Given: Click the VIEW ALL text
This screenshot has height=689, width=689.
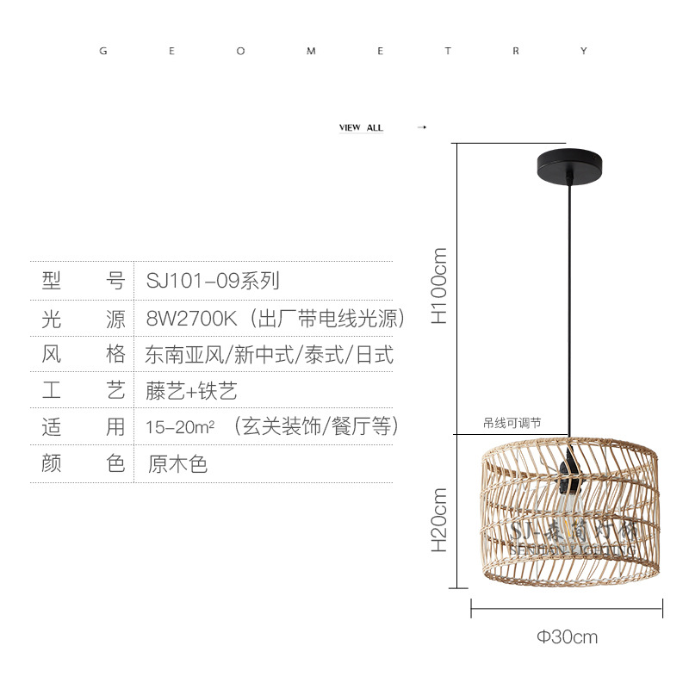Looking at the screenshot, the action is (361, 127).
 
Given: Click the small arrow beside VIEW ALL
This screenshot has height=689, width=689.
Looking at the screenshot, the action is (421, 127).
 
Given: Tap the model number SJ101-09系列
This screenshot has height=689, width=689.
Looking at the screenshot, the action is (212, 280).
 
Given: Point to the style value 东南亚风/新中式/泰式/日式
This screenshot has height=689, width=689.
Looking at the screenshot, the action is (269, 354).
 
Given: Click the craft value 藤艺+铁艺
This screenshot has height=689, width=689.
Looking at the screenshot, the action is (191, 391).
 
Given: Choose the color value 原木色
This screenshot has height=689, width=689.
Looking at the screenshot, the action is (177, 464).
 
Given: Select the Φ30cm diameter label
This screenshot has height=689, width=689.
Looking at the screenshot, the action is (567, 637).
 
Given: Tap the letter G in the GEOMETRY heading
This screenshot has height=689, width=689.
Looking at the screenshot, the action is (104, 52).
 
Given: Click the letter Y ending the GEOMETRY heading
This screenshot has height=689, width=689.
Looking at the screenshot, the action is (584, 52).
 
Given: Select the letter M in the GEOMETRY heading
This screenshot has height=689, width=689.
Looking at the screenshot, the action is (311, 52).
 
